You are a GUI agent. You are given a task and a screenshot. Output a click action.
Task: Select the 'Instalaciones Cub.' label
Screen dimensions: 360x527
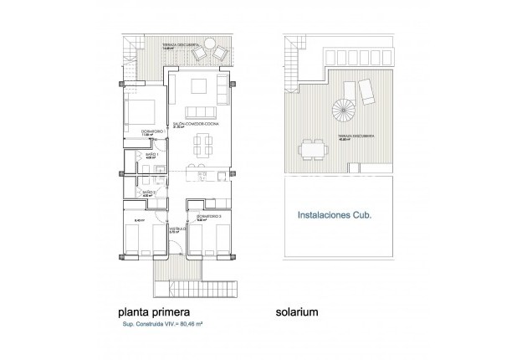tap(335, 214)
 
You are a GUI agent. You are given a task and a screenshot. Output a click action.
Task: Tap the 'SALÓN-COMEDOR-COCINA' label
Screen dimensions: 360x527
tap(194, 124)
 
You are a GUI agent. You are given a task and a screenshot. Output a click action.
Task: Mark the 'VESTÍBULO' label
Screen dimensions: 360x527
tap(176, 226)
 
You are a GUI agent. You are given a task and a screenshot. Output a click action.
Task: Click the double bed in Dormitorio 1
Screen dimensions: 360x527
tap(142, 111)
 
